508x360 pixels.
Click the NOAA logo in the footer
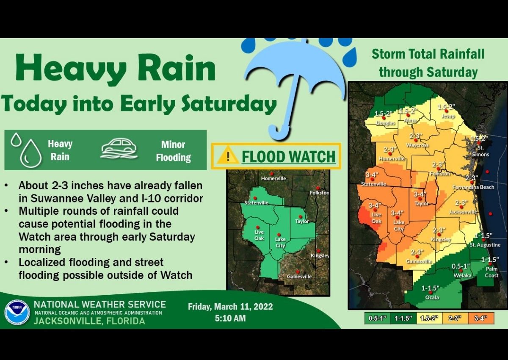(17, 312)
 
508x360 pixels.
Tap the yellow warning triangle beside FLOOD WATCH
(227, 156)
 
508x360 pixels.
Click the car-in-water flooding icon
(119, 150)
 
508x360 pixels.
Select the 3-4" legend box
(480, 318)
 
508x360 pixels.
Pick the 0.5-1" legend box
(377, 318)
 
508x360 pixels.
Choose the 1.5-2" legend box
(429, 318)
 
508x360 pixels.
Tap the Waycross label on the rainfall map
(417, 145)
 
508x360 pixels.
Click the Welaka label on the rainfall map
(463, 276)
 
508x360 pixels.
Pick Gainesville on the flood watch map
(299, 277)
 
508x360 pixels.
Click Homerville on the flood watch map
(273, 178)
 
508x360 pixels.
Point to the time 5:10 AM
(230, 318)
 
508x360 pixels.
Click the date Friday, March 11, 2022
(230, 307)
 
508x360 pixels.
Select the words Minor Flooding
(173, 151)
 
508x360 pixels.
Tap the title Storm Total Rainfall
(428, 54)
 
